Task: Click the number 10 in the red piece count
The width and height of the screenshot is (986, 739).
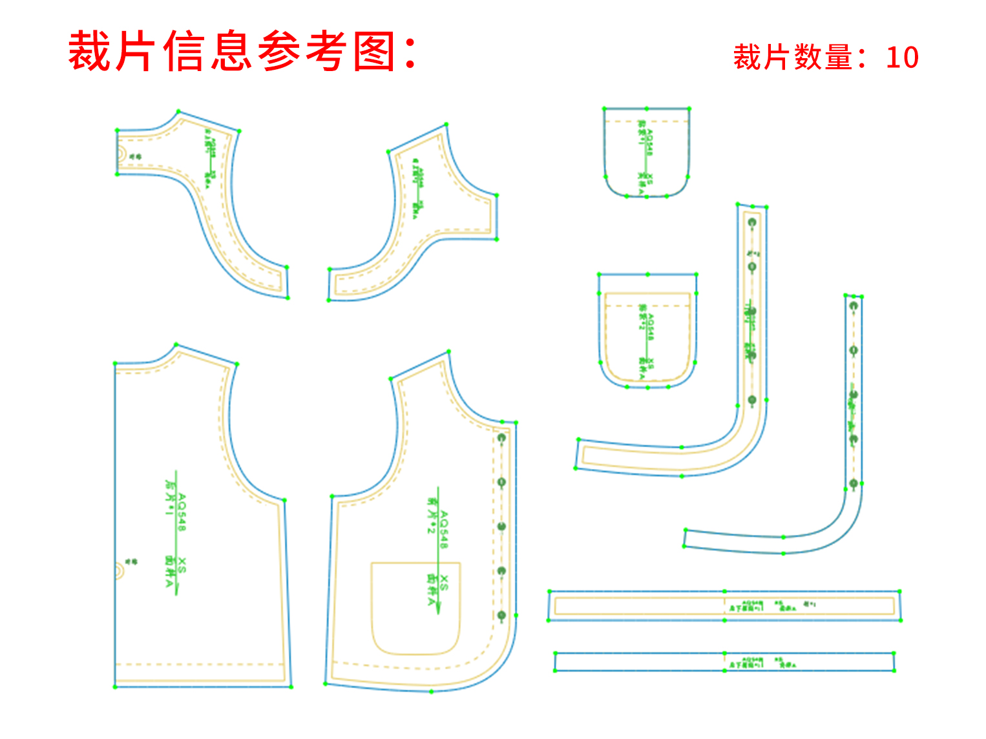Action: point(902,57)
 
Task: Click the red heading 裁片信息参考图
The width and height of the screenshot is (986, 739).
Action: point(242,52)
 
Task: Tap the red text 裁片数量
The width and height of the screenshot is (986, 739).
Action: point(792,57)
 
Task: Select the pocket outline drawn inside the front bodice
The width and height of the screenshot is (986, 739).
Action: point(415,609)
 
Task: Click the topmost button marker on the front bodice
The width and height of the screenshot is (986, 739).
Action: point(501,439)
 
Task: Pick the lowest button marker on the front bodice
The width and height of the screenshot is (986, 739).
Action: point(501,616)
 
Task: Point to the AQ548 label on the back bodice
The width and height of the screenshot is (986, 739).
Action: point(182,513)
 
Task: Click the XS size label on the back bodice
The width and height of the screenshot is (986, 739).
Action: point(182,565)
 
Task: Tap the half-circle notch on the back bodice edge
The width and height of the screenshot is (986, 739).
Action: point(120,570)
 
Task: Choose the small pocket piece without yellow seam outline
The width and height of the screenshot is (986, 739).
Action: point(647,152)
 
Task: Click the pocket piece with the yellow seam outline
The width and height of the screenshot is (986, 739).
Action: point(647,331)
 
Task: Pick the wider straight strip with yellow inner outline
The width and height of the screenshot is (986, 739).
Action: point(724,606)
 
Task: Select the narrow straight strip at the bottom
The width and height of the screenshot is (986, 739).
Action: point(724,662)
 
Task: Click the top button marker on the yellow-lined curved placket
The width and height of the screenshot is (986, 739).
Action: point(752,223)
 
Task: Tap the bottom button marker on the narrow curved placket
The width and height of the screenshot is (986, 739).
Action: point(854,483)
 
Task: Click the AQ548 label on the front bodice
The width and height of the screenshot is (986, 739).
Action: point(444,530)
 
